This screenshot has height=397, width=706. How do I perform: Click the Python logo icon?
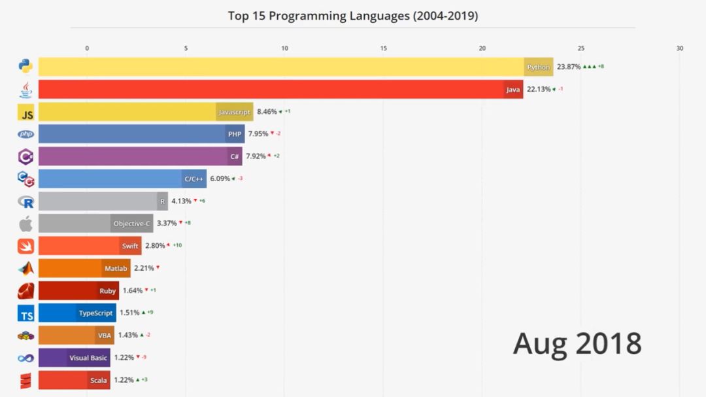(25, 66)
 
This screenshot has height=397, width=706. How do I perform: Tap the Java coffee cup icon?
(25, 89)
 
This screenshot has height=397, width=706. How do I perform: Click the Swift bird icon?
(25, 246)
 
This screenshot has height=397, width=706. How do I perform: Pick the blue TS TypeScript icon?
(25, 315)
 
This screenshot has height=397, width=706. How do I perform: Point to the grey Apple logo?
(25, 224)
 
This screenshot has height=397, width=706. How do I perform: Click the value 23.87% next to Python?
(568, 67)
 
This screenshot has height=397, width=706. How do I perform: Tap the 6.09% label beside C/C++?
(220, 179)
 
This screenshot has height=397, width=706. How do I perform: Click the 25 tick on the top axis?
(580, 48)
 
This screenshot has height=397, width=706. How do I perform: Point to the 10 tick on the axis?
(284, 48)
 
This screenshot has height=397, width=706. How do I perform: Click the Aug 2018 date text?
(577, 343)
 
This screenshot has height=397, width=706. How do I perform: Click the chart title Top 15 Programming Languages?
(352, 16)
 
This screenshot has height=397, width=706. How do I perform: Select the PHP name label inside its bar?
(235, 134)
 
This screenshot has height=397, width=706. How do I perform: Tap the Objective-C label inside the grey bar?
(132, 224)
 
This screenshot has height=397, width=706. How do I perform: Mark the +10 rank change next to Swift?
(177, 245)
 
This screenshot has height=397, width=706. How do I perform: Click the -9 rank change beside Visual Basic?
(143, 357)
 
